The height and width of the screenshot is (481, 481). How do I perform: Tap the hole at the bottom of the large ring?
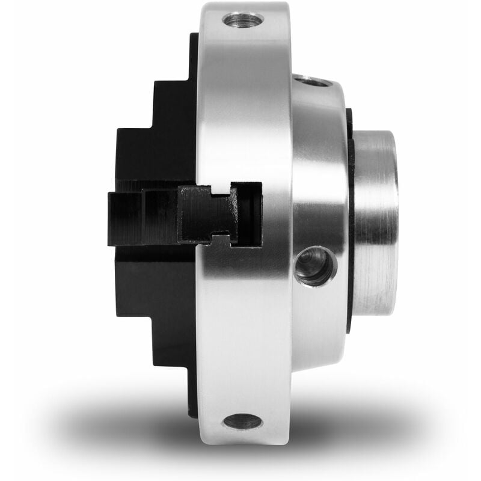[x=242, y=421]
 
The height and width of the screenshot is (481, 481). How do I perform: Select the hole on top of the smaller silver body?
[x=311, y=80]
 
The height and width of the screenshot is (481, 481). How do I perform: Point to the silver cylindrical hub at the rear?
[x=376, y=222]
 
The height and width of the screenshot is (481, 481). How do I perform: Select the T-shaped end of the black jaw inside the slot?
[x=207, y=213]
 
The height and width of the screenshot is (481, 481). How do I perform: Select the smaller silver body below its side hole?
[x=316, y=325]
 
